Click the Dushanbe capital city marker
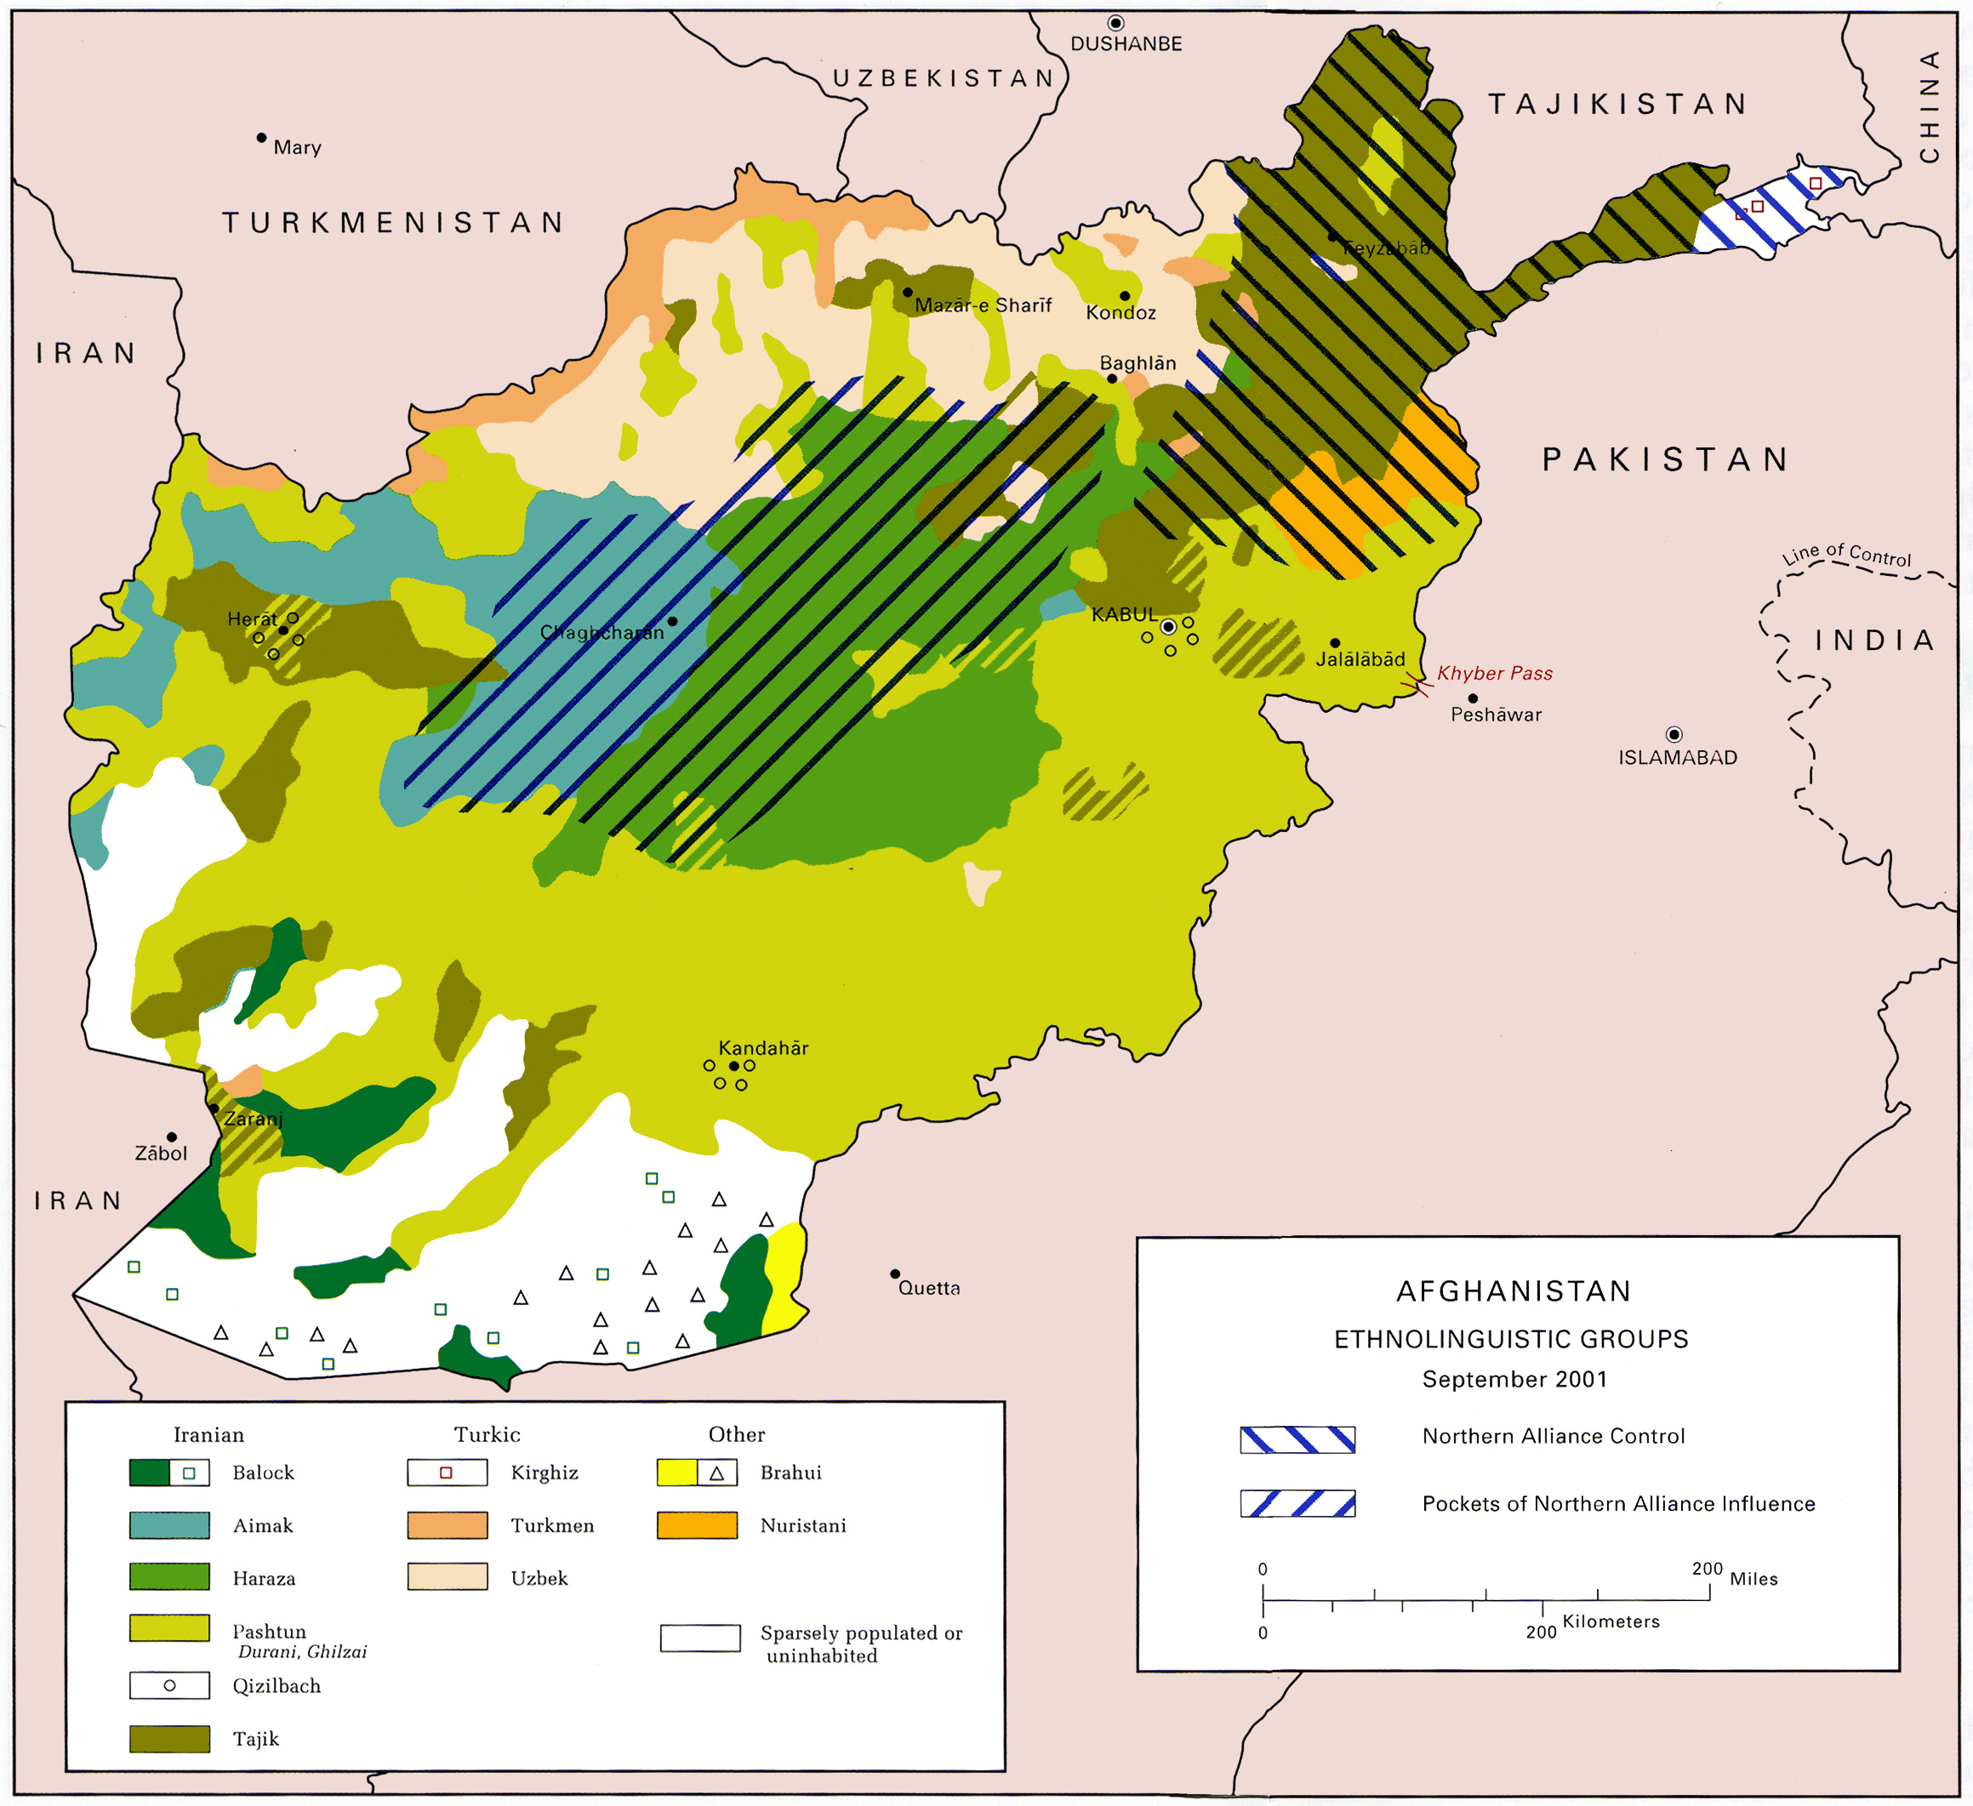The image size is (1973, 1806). click(1115, 22)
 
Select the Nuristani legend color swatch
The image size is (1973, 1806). click(697, 1525)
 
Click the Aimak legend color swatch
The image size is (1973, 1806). click(169, 1525)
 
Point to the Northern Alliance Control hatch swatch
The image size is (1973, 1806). click(1297, 1439)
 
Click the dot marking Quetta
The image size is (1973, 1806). click(894, 1273)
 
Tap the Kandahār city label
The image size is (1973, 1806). click(763, 1048)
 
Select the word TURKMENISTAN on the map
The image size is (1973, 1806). click(393, 223)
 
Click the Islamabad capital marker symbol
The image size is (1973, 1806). click(1674, 734)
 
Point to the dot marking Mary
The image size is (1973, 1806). click(261, 138)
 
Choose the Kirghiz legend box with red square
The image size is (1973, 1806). click(448, 1473)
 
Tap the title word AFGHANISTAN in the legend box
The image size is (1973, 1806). click(1513, 1291)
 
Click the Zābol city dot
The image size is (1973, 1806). click(171, 1137)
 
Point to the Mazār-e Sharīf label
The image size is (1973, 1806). click(983, 305)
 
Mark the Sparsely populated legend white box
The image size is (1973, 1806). click(699, 1638)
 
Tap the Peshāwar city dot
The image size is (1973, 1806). click(1473, 698)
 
